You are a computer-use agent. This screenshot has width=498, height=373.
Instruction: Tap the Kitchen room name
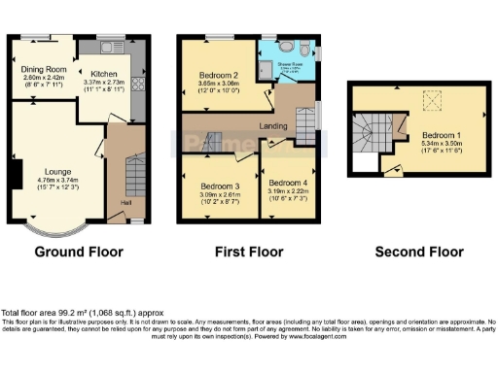(104, 73)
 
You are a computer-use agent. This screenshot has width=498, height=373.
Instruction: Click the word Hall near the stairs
(125, 202)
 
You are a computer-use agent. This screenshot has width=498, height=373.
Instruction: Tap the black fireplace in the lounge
(15, 177)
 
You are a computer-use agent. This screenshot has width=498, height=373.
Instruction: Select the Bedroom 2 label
(219, 75)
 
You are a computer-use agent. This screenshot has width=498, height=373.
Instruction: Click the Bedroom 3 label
(219, 186)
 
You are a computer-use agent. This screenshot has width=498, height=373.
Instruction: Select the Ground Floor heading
(79, 253)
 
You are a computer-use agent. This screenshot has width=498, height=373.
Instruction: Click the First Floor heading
(249, 253)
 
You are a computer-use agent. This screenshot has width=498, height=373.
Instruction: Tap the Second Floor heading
(421, 253)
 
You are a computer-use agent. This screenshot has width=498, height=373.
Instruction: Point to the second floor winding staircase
(372, 132)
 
